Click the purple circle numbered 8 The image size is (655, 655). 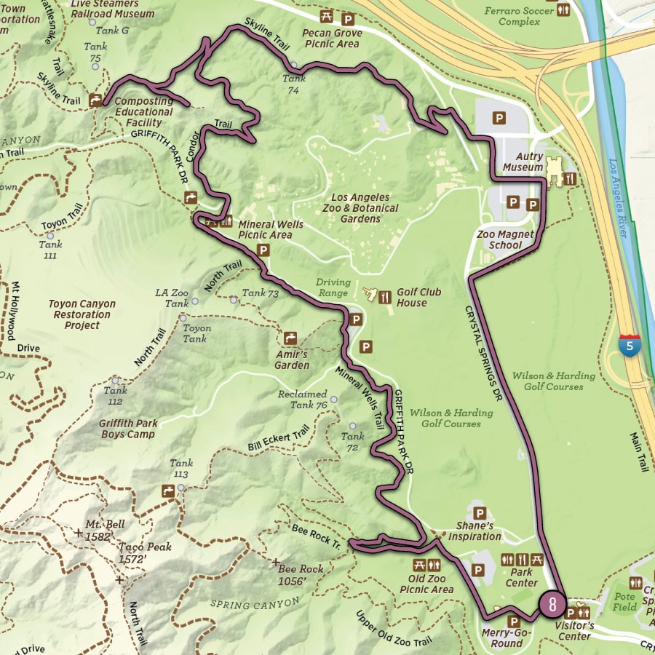point(552,604)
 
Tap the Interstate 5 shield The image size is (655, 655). point(630,345)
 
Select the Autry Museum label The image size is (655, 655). point(523,162)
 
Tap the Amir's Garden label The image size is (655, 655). point(292,360)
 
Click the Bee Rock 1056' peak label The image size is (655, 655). point(301,574)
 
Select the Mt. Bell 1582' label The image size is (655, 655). point(104,531)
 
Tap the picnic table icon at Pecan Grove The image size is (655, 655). point(327,17)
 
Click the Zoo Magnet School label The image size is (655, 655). point(505,240)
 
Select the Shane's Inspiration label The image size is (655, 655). point(475,531)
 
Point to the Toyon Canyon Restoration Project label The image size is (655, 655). point(82,314)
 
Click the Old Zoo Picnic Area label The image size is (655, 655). point(426,584)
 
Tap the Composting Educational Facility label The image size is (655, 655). point(143,112)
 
